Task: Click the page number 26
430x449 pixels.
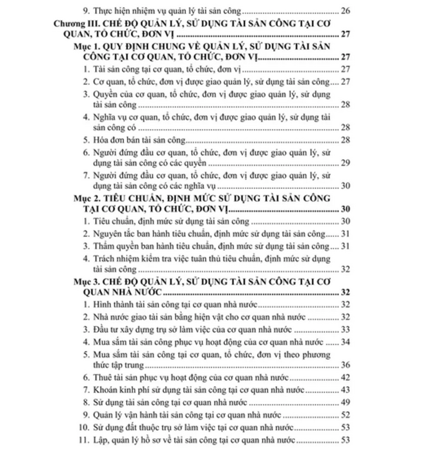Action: (x=346, y=10)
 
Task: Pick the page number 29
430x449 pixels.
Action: (x=346, y=163)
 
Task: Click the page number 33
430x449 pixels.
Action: (x=346, y=329)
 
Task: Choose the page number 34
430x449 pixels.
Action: (x=346, y=342)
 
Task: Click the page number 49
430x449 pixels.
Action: (x=346, y=402)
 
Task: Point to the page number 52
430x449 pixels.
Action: (x=346, y=415)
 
